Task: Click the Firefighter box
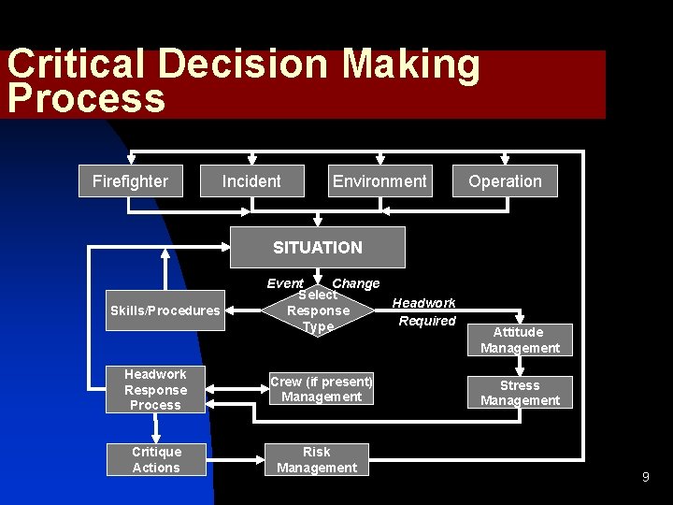pos(131,181)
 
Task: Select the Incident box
pos(251,181)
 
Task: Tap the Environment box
pos(379,181)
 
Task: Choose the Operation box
pos(505,181)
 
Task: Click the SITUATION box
pos(318,248)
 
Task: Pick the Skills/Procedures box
pos(165,310)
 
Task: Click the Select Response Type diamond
pos(318,310)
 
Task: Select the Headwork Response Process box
pos(155,389)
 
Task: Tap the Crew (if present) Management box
pos(322,389)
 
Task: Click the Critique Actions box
pos(156,459)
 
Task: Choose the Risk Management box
pos(317,459)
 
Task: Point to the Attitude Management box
pos(520,339)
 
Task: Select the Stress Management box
pos(520,393)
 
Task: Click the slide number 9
pos(645,478)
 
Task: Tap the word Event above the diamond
pos(285,283)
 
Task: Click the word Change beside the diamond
pos(356,283)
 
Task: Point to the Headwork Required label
pos(424,311)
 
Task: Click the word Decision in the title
pos(245,65)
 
